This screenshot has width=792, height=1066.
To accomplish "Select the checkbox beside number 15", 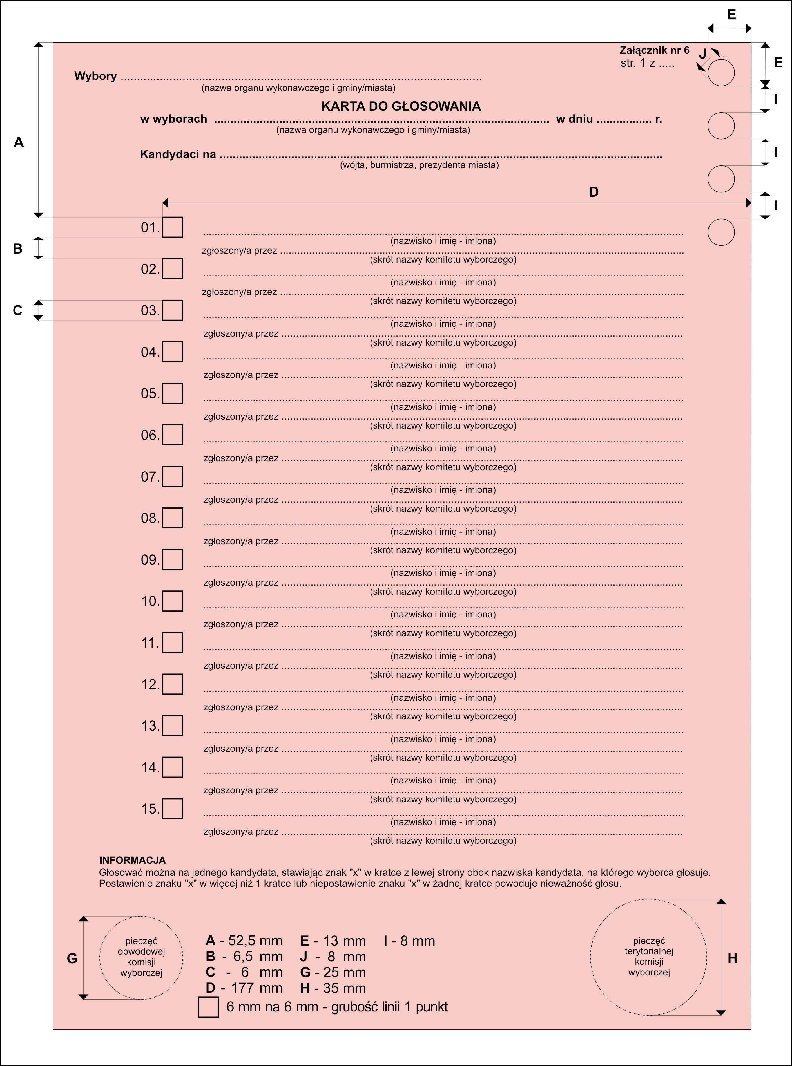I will (173, 809).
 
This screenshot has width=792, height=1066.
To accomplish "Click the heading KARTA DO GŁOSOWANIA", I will (401, 106).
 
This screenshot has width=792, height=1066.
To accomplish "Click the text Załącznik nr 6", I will (654, 50).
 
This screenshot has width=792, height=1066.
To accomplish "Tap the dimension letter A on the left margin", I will (19, 142).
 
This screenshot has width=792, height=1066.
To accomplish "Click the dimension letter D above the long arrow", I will (594, 192).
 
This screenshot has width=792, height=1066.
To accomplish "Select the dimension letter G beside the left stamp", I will (72, 958).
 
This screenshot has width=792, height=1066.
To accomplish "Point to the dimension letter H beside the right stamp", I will (732, 958).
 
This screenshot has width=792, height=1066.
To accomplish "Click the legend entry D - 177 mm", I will (244, 988).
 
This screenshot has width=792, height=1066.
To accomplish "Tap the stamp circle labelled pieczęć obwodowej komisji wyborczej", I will (141, 957).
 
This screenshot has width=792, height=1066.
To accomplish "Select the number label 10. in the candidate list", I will (150, 601).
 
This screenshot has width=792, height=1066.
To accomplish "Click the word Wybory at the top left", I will (95, 76).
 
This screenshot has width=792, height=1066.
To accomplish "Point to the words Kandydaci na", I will (178, 154).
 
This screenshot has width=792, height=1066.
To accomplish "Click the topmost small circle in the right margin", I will (721, 73).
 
